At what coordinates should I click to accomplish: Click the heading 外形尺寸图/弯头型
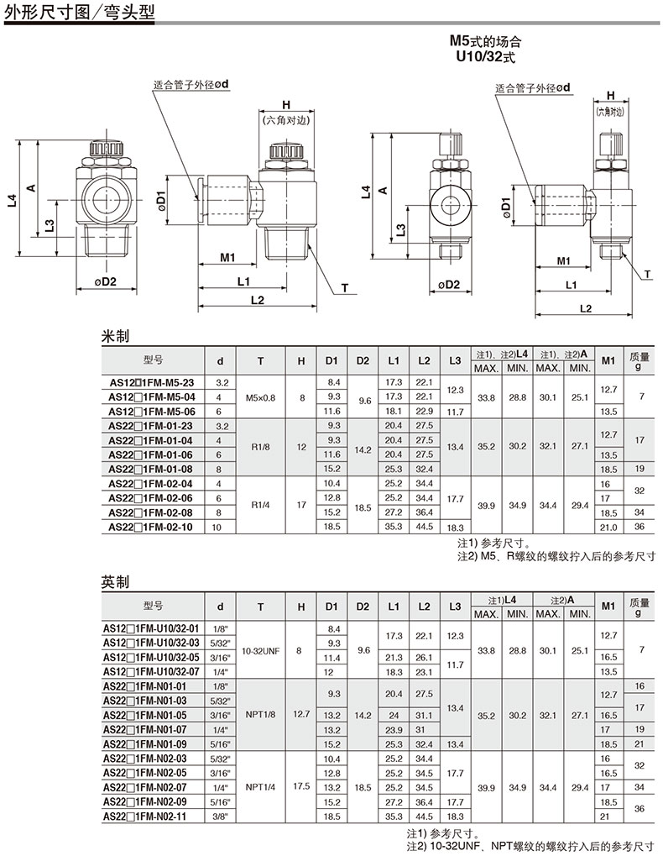click(80, 12)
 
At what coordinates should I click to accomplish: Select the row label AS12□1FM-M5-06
click(152, 412)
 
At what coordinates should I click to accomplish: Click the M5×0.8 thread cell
click(261, 397)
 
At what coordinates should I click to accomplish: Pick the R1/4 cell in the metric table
click(261, 505)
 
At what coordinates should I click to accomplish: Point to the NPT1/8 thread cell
click(261, 715)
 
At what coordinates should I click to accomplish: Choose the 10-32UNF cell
click(261, 651)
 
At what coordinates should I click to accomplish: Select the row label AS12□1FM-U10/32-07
click(151, 672)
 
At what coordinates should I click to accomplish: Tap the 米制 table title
click(115, 336)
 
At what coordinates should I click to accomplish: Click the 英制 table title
click(115, 582)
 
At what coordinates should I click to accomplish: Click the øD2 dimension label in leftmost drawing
click(105, 281)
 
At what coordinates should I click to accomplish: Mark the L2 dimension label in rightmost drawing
click(586, 308)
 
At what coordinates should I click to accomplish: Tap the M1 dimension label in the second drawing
click(227, 257)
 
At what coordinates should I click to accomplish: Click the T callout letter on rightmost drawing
click(648, 274)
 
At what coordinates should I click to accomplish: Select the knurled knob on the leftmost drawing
click(107, 148)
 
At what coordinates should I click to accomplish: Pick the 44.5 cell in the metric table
click(424, 527)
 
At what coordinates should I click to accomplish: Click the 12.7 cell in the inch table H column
click(301, 714)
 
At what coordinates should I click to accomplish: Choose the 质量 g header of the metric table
click(640, 361)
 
